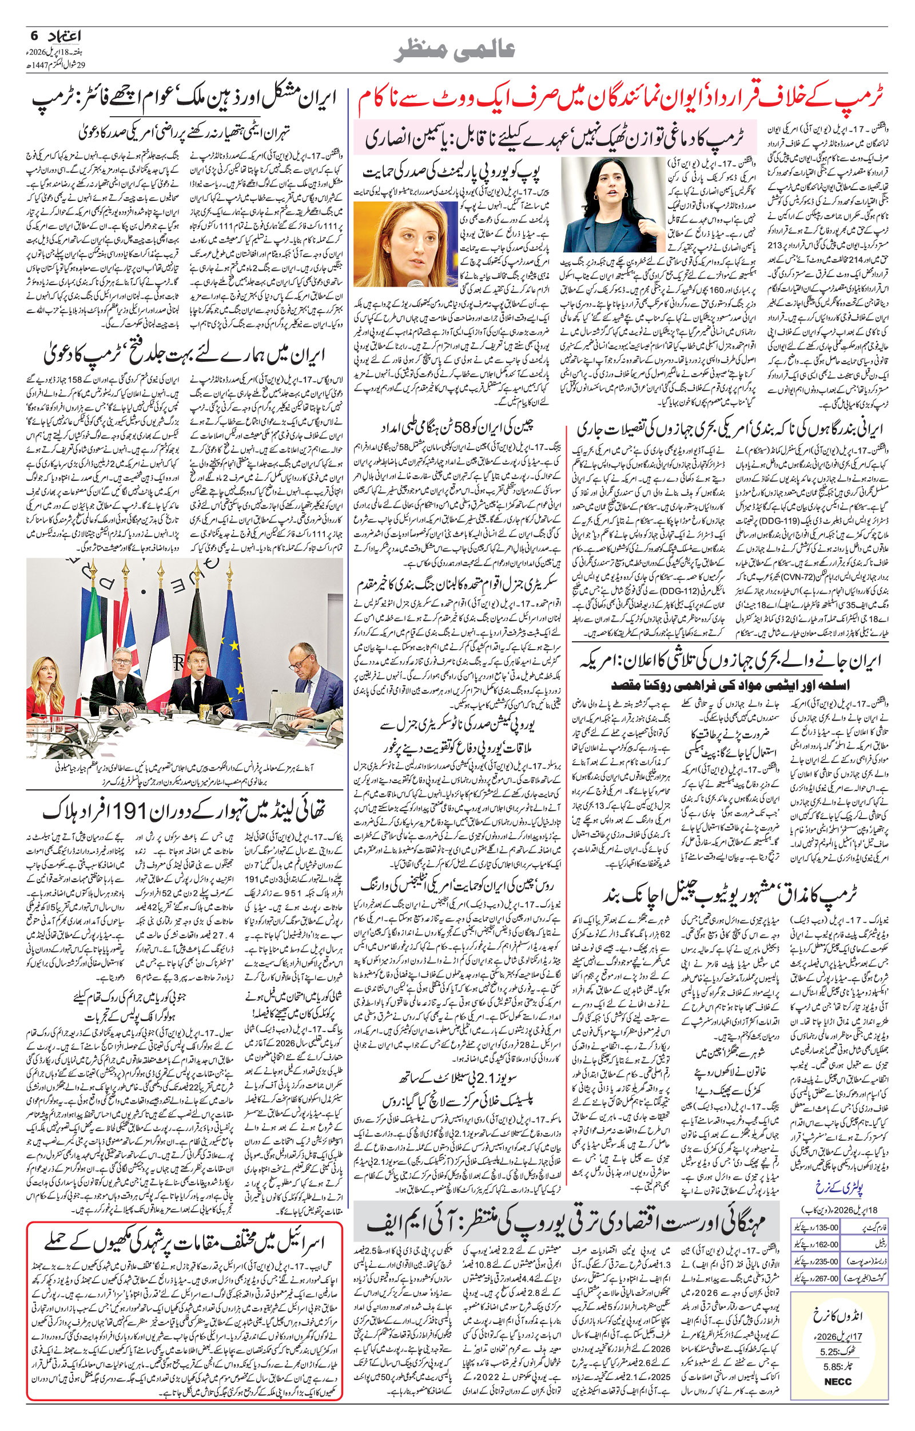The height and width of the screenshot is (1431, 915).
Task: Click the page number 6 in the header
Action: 34,36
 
